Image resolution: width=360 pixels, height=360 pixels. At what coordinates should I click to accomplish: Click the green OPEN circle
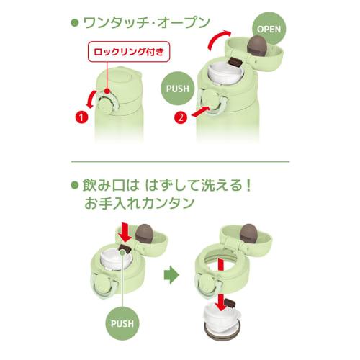[x=269, y=29]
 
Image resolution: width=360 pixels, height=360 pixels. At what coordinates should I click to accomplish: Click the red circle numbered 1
[x=81, y=117]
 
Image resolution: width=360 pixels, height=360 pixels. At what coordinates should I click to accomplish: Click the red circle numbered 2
[x=181, y=117]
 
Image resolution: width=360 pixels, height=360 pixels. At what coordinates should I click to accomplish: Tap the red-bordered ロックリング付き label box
[x=129, y=52]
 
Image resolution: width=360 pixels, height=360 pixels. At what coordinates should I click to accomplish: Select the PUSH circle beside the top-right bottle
[x=178, y=89]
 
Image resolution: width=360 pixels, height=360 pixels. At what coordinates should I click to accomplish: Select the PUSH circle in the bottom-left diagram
[x=122, y=323]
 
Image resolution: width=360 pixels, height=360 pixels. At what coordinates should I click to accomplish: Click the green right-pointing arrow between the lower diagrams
[x=171, y=275]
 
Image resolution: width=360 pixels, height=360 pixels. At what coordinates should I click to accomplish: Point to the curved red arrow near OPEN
[x=217, y=39]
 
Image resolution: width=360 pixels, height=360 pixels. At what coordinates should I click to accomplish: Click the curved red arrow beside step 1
[x=91, y=99]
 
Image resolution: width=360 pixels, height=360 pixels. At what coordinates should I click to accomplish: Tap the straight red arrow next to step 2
[x=200, y=112]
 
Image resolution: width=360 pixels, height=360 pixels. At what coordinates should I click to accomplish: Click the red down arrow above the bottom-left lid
[x=125, y=232]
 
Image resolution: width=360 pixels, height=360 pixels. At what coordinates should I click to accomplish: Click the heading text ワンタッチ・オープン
[x=147, y=23]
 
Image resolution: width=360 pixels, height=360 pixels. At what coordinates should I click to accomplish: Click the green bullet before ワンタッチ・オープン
[x=75, y=23]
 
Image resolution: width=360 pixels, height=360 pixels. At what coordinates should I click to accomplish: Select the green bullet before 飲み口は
[x=75, y=185]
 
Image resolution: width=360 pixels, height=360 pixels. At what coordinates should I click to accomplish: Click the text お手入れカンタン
[x=139, y=203]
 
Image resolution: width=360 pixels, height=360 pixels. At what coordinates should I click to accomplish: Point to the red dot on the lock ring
[x=107, y=91]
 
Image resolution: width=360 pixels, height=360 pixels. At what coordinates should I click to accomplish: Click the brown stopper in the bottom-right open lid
[x=248, y=233]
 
